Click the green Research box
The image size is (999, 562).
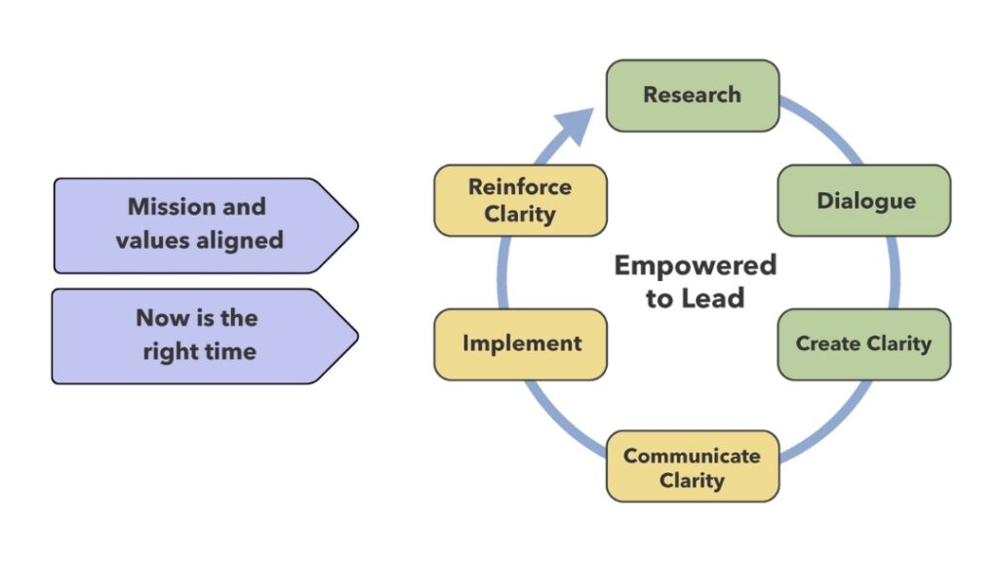pyautogui.click(x=693, y=96)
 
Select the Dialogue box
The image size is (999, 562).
pyautogui.click(x=864, y=201)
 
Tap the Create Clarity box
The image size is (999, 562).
pyautogui.click(x=864, y=344)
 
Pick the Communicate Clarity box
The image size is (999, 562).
pyautogui.click(x=693, y=466)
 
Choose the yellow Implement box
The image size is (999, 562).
pyautogui.click(x=521, y=344)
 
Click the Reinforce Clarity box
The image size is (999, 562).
pyautogui.click(x=521, y=201)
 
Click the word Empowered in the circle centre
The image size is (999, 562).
pyautogui.click(x=695, y=265)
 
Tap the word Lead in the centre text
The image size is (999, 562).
pyautogui.click(x=714, y=299)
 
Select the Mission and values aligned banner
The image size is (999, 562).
pyautogui.click(x=206, y=225)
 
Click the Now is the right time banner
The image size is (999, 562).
pyautogui.click(x=205, y=337)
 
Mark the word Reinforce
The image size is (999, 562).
pyautogui.click(x=520, y=186)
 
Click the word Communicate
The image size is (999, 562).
pyautogui.click(x=692, y=456)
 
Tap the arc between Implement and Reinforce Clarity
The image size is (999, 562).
pyautogui.click(x=502, y=273)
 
